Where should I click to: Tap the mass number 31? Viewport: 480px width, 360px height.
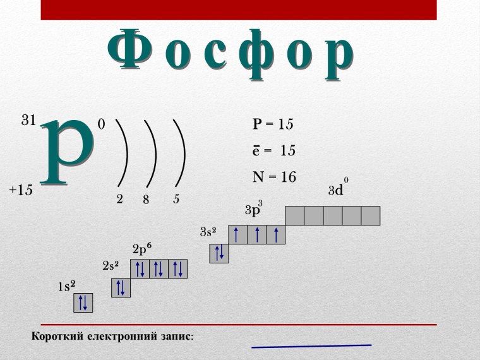[29, 121]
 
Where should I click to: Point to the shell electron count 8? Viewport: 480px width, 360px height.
[146, 200]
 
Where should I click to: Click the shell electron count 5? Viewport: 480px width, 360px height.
[177, 199]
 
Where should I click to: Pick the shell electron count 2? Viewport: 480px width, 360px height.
[119, 199]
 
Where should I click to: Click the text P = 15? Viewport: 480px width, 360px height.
[273, 124]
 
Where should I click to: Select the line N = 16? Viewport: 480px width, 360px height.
[274, 177]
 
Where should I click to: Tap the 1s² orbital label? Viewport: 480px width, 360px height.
[66, 286]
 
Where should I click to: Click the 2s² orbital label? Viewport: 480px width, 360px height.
[111, 266]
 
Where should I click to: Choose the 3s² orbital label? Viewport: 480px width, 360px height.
[208, 232]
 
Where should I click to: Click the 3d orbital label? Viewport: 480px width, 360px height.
[337, 189]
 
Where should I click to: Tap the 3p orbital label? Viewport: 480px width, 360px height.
[253, 210]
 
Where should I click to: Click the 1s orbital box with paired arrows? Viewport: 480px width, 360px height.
[83, 303]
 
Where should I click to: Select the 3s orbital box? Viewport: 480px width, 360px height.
[219, 253]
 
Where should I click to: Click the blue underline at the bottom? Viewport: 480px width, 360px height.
[311, 346]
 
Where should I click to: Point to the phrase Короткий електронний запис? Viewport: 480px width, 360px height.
[112, 337]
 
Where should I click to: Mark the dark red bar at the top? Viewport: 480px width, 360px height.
[239, 9]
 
